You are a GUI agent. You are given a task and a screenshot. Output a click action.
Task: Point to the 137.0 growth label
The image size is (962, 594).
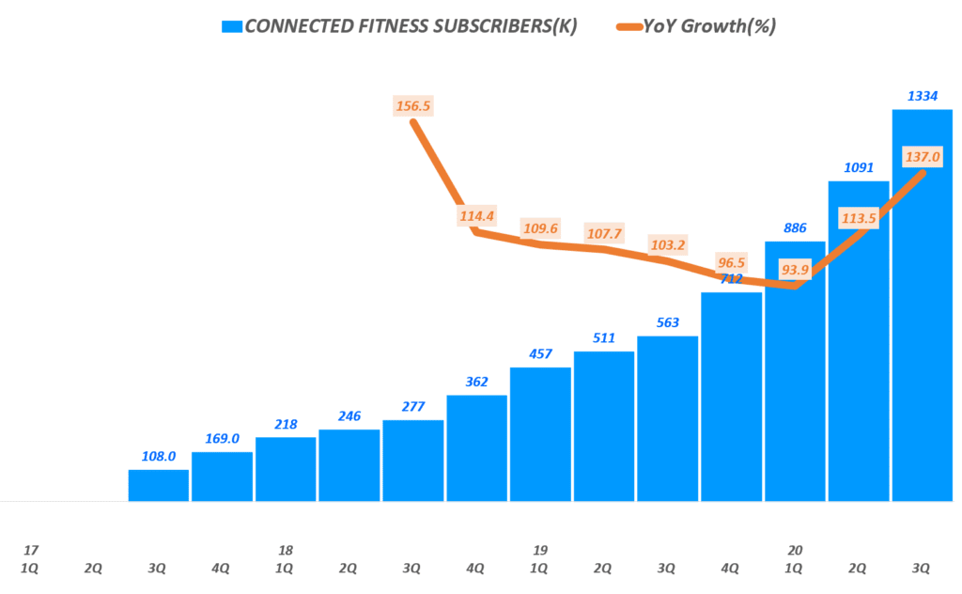(922, 156)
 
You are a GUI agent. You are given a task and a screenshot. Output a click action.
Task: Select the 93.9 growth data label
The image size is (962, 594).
(795, 270)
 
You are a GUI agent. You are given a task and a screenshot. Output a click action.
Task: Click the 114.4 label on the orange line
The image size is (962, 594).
(477, 215)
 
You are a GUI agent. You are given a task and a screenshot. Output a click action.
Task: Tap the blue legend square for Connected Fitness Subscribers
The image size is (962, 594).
(230, 26)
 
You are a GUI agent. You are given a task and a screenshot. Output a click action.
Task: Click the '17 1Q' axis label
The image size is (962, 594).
(31, 558)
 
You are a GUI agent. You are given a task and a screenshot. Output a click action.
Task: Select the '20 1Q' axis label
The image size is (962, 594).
(795, 558)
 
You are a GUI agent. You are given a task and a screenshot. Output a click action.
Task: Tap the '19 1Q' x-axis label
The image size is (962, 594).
(540, 558)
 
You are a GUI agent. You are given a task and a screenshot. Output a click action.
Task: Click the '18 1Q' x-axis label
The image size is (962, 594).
(286, 558)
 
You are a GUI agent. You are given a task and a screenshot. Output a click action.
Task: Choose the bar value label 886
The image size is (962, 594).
(795, 227)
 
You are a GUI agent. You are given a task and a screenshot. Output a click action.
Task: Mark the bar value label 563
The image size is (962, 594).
(667, 321)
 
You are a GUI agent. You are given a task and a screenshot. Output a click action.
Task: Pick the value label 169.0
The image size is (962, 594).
(223, 437)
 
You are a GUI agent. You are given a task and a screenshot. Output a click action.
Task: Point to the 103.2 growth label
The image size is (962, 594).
(667, 244)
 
